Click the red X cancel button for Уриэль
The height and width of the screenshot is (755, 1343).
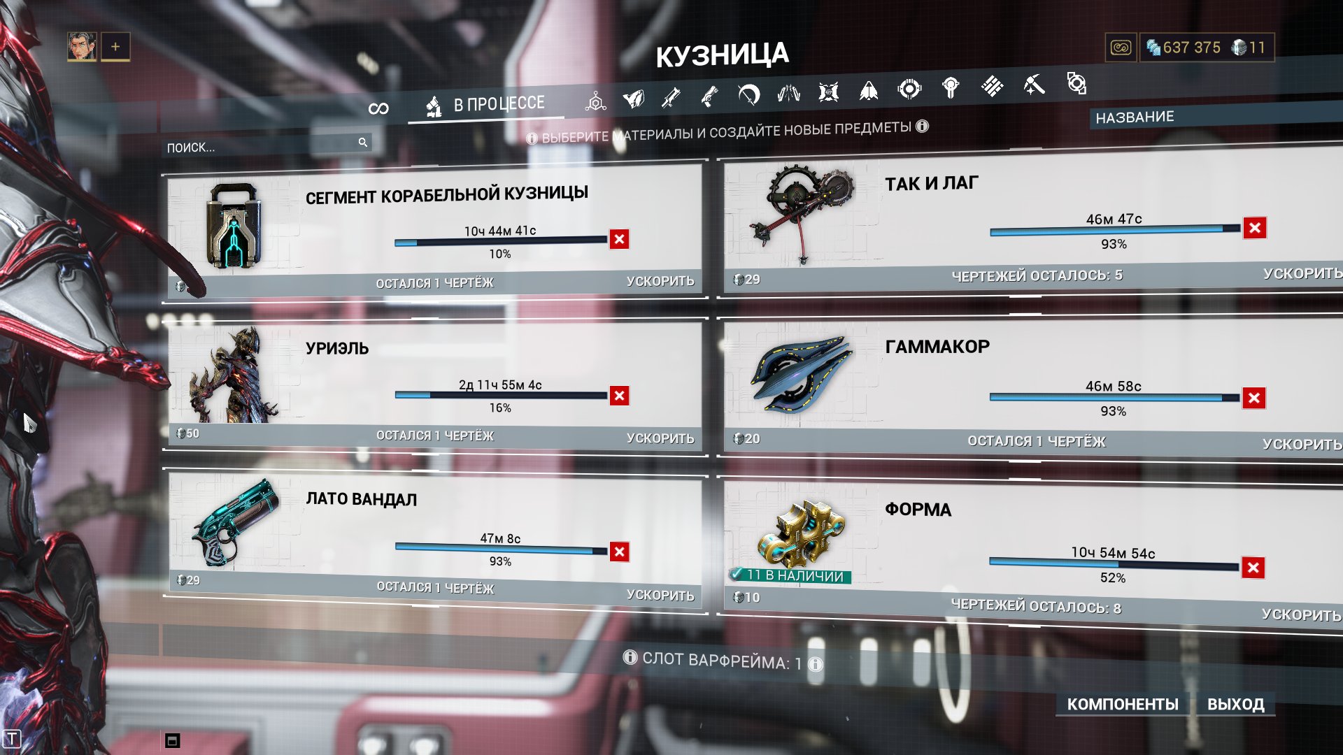click(619, 396)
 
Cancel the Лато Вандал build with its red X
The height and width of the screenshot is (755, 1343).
click(619, 552)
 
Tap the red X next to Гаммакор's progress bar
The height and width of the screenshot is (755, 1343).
click(1254, 398)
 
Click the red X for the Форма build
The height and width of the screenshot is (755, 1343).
click(1253, 568)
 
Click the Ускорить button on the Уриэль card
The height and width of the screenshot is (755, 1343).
click(660, 438)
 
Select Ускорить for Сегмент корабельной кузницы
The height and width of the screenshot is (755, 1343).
click(660, 281)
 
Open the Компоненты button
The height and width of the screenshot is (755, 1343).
click(1123, 704)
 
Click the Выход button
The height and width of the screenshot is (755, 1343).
click(1235, 704)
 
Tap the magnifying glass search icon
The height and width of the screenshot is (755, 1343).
click(363, 142)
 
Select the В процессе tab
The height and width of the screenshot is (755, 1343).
click(486, 105)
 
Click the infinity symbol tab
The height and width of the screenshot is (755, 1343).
click(378, 108)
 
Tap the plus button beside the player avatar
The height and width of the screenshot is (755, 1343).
click(115, 47)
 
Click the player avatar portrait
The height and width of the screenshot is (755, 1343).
click(82, 47)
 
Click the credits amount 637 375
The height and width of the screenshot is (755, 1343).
click(1191, 48)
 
